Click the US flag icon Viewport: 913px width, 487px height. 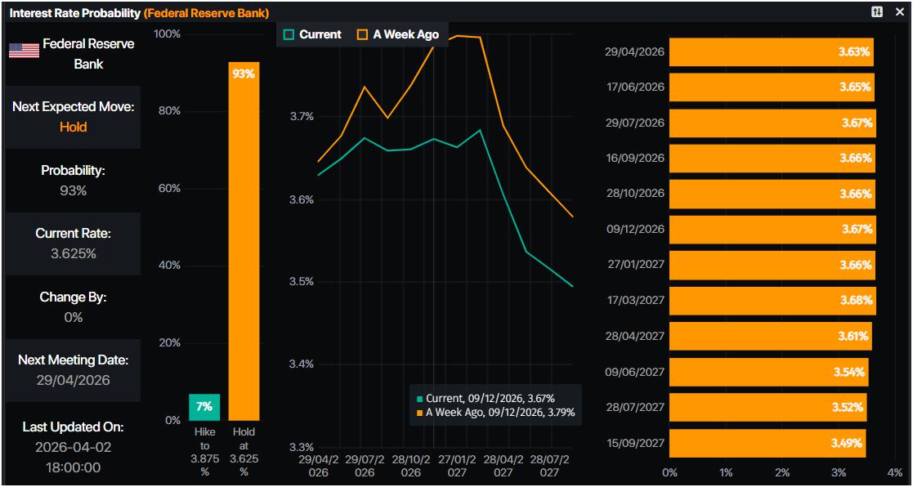pos(25,51)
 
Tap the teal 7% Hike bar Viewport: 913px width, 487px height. pos(204,406)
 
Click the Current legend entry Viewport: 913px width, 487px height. pos(312,34)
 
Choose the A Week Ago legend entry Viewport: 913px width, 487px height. pos(398,34)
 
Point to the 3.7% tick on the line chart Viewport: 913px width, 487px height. pos(302,116)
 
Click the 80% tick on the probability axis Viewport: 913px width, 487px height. pos(168,111)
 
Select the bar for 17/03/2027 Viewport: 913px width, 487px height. pos(772,300)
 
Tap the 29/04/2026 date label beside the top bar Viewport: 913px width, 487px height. pos(634,51)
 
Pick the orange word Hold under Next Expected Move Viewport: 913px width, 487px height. pos(73,127)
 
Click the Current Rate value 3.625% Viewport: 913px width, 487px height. pos(73,253)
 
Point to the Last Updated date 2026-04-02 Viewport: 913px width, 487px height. pos(73,447)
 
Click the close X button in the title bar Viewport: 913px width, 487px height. pos(899,12)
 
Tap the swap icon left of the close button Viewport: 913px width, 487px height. pos(877,12)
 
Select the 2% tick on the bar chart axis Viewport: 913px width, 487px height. pos(782,472)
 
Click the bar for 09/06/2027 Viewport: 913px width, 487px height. pos(768,372)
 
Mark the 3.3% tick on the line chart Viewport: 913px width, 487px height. pos(302,447)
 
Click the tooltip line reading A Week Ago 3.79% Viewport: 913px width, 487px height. pos(496,413)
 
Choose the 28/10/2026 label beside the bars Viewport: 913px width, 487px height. pos(634,194)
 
